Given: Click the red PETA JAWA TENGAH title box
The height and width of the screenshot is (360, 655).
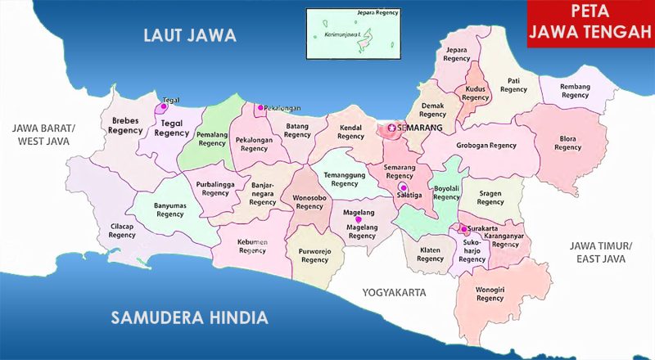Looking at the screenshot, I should pyautogui.click(x=590, y=24).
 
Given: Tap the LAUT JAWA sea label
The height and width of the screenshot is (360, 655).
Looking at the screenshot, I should pyautogui.click(x=189, y=35).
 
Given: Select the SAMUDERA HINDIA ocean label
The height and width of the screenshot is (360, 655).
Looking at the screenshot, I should pyautogui.click(x=189, y=317).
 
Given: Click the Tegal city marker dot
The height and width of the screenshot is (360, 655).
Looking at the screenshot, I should pyautogui.click(x=164, y=106).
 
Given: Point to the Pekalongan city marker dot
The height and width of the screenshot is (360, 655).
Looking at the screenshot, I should pyautogui.click(x=260, y=107).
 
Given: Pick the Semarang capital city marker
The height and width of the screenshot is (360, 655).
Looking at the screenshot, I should pyautogui.click(x=391, y=128).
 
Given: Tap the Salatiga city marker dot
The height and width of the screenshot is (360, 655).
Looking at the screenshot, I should pyautogui.click(x=402, y=187).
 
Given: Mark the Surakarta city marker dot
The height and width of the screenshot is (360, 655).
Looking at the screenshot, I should pyautogui.click(x=463, y=229).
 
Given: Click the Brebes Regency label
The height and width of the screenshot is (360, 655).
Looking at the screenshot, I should pyautogui.click(x=127, y=124).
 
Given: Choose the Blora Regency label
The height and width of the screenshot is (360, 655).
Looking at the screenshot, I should pyautogui.click(x=567, y=142).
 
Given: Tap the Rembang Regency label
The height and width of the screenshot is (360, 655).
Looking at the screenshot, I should pyautogui.click(x=575, y=90).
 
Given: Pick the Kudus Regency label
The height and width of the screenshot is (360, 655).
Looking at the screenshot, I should pyautogui.click(x=475, y=92).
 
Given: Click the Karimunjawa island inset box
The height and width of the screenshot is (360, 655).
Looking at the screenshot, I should pyautogui.click(x=353, y=34).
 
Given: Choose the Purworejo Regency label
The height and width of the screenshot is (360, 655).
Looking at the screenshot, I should pyautogui.click(x=314, y=254).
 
